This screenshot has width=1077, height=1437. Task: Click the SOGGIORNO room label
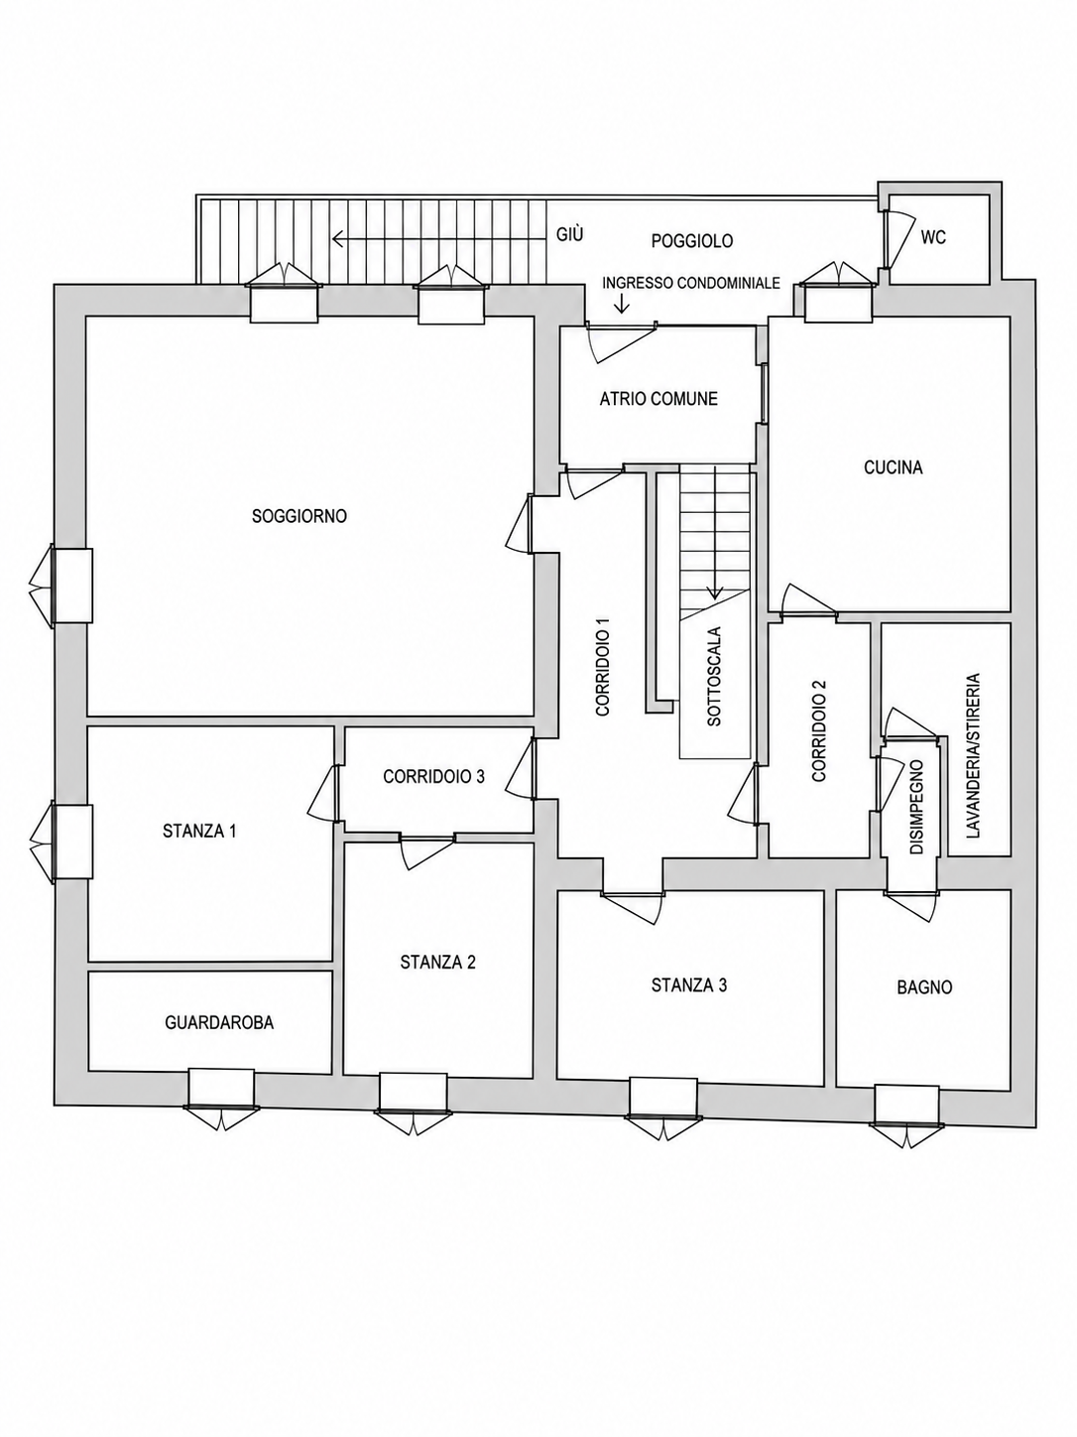click(x=299, y=516)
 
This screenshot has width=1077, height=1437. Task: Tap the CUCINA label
click(x=894, y=467)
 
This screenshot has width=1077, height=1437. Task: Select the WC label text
click(x=933, y=238)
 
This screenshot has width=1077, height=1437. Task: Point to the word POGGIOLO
click(x=692, y=241)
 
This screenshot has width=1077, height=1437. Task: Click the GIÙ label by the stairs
click(x=569, y=234)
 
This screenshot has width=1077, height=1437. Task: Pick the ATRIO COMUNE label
click(x=658, y=399)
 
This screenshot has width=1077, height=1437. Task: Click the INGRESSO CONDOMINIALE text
click(x=691, y=283)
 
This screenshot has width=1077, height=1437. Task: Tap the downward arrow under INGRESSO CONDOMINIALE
click(x=622, y=302)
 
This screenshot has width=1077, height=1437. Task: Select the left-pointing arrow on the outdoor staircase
click(x=439, y=238)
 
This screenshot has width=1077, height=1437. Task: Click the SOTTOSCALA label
click(x=714, y=676)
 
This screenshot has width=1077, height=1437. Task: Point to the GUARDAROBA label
click(x=219, y=1022)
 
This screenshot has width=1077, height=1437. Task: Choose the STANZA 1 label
click(x=199, y=832)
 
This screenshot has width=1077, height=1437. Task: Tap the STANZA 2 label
click(x=438, y=963)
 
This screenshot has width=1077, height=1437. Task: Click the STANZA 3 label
click(x=689, y=985)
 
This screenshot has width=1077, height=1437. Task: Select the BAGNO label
click(x=924, y=987)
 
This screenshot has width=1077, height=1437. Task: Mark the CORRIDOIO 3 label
click(x=434, y=776)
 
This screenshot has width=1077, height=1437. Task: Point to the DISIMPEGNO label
click(x=916, y=807)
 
